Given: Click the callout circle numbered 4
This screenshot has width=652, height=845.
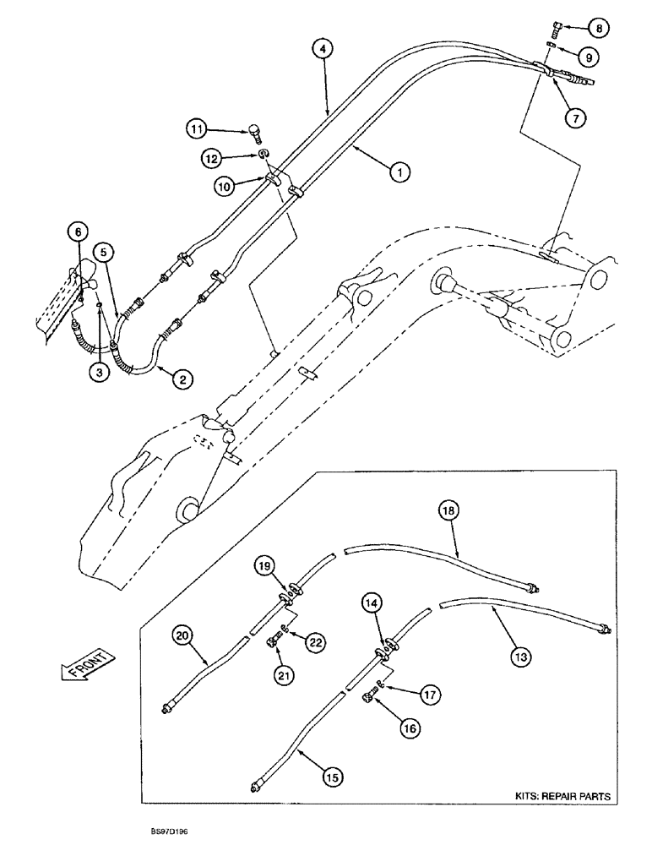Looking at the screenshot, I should click(322, 49).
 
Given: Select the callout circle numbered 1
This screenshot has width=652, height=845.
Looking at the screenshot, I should click(399, 172).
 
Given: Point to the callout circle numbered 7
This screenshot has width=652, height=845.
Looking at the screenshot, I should click(575, 118).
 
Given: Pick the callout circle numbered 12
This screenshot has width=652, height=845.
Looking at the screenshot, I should click(212, 157).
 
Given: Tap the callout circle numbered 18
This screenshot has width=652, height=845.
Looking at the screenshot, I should click(448, 510).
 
